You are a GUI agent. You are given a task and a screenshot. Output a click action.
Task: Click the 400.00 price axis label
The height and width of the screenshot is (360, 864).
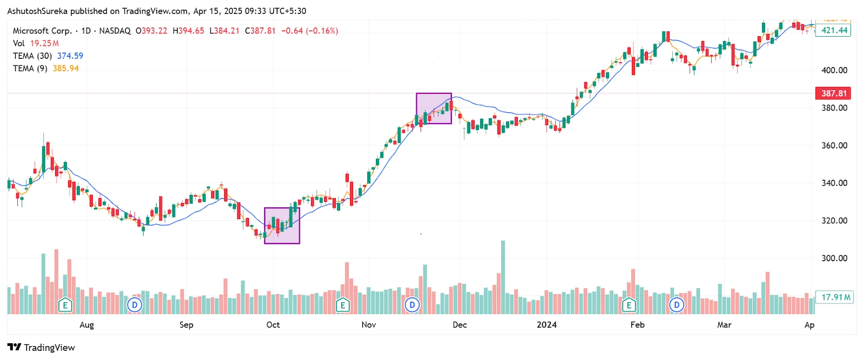pyautogui.click(x=834, y=70)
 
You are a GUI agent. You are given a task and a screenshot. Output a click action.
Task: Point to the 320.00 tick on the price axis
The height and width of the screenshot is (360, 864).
pyautogui.click(x=834, y=221)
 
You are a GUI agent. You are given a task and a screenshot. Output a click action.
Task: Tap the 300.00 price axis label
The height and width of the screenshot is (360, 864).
pyautogui.click(x=834, y=258)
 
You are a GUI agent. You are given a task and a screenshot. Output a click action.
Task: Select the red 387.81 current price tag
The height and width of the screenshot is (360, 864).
pyautogui.click(x=833, y=93)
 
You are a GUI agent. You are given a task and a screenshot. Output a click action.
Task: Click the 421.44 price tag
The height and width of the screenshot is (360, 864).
pyautogui.click(x=834, y=30)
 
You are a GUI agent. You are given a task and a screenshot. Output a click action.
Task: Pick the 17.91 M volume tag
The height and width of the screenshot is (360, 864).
pyautogui.click(x=835, y=297)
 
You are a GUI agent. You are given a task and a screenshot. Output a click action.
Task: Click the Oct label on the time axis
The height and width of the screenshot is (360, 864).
pyautogui.click(x=273, y=324)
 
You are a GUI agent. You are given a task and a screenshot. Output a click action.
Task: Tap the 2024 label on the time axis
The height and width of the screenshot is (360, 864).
pyautogui.click(x=546, y=324)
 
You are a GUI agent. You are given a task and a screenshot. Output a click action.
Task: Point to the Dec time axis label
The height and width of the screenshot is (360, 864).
pyautogui.click(x=460, y=324)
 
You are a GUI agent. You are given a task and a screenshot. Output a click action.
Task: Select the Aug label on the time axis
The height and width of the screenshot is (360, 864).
pyautogui.click(x=86, y=324)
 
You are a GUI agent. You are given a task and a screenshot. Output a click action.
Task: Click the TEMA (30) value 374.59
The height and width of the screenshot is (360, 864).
pyautogui.click(x=70, y=56)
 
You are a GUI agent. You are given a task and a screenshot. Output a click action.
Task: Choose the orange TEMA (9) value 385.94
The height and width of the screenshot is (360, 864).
pyautogui.click(x=66, y=69)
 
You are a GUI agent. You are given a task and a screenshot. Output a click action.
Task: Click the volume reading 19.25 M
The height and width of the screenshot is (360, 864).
pyautogui.click(x=44, y=43)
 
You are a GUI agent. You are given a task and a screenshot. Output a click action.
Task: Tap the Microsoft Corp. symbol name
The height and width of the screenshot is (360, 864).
pyautogui.click(x=42, y=31)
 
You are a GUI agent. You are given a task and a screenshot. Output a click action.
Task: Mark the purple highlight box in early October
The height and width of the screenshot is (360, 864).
pyautogui.click(x=282, y=226)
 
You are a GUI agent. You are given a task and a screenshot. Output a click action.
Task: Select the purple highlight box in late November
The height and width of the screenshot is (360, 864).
pyautogui.click(x=434, y=108)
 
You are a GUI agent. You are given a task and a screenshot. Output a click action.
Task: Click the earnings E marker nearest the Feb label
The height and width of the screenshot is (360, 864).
pyautogui.click(x=629, y=305)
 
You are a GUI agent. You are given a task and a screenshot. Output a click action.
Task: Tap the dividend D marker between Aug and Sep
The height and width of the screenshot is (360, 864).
pyautogui.click(x=134, y=305)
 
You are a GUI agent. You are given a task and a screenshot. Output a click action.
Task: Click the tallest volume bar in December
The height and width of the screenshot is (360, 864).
pyautogui.click(x=503, y=277)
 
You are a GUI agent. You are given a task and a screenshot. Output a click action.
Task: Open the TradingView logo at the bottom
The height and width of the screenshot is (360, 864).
pyautogui.click(x=41, y=348)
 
